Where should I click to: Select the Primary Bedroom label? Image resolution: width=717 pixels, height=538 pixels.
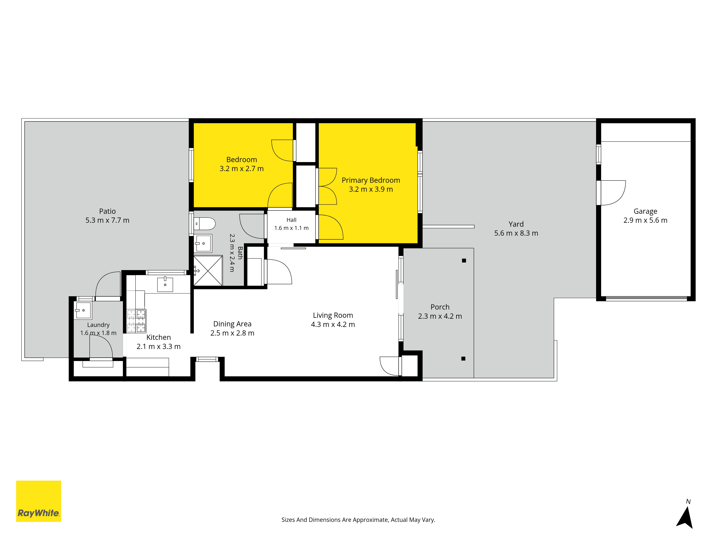point(371,180)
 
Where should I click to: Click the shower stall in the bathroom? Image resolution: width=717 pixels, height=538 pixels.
point(208,271)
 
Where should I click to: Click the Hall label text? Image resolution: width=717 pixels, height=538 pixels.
point(291,220)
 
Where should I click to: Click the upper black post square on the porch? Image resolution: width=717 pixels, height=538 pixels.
point(464,260)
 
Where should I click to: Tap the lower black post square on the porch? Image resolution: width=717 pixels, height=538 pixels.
point(463,358)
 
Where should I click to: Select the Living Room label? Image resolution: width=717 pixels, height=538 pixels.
point(333,315)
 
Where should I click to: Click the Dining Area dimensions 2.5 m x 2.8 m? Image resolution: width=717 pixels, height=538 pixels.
point(232,333)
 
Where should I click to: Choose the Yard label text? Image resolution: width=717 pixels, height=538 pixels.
point(516,224)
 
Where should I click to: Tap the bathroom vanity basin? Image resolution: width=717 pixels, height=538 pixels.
point(203,243)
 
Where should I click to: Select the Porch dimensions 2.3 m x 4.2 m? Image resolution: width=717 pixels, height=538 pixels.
point(440,316)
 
